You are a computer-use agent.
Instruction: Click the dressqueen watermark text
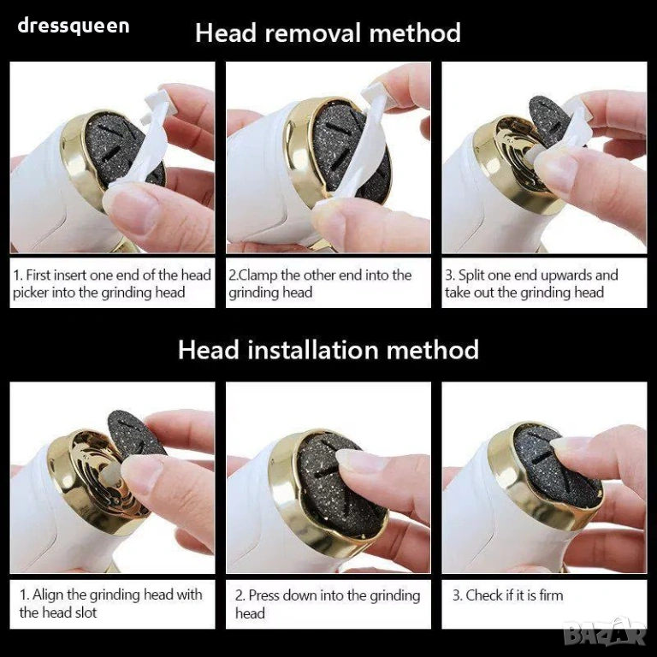click(x=74, y=26)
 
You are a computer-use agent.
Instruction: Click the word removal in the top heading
click(x=313, y=33)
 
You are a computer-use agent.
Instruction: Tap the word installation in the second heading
click(x=314, y=350)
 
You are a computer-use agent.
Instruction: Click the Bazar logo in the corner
click(x=605, y=633)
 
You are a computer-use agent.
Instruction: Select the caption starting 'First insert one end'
click(x=112, y=284)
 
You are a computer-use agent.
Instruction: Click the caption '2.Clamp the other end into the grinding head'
click(x=320, y=284)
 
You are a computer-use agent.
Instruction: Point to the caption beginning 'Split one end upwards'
click(x=531, y=284)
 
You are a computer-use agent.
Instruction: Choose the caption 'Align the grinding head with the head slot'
click(x=110, y=603)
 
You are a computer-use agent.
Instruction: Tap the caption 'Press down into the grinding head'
click(x=328, y=604)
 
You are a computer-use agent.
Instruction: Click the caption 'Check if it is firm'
click(x=507, y=595)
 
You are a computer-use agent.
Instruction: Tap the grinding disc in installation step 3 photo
click(x=554, y=469)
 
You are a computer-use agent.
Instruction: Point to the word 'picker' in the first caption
click(x=30, y=293)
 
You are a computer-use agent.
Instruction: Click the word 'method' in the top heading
click(x=415, y=33)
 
